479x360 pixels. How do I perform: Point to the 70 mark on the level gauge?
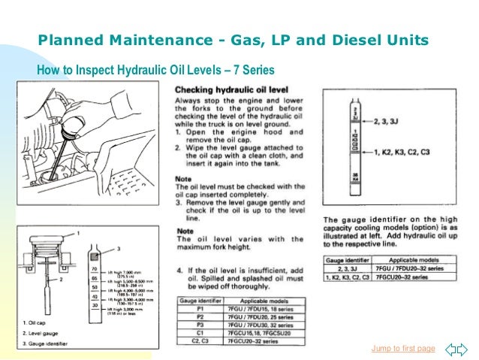(x=94, y=268)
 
